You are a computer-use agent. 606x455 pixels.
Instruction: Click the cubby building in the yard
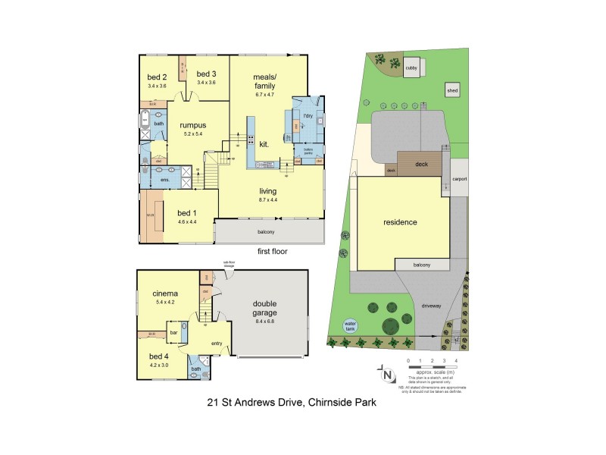(412, 66)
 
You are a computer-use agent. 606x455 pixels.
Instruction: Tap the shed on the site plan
(452, 91)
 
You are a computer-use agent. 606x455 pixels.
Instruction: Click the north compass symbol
(387, 374)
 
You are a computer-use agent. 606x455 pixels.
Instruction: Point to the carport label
(459, 179)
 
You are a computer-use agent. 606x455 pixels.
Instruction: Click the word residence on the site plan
(400, 223)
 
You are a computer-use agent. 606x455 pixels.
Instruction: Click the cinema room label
(165, 293)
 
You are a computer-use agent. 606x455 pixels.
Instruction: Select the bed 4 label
(158, 356)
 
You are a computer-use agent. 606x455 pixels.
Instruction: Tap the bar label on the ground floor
(173, 332)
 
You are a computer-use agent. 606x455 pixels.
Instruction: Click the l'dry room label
(308, 115)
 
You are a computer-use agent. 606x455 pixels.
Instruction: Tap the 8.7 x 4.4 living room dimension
(270, 201)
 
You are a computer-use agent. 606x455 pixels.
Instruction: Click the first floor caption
(273, 251)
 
